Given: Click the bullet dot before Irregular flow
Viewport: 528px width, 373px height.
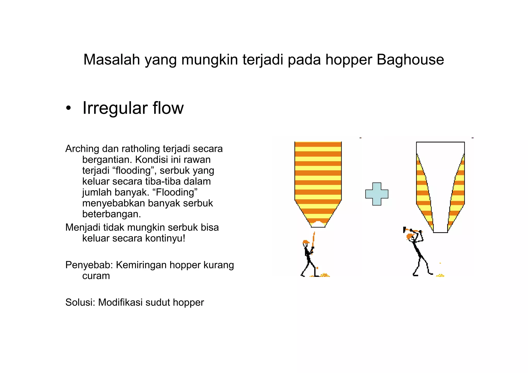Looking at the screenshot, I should pyautogui.click(x=68, y=109).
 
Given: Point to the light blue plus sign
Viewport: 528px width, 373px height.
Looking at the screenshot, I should pyautogui.click(x=377, y=194).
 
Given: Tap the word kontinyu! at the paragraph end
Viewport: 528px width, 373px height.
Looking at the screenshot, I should pyautogui.click(x=165, y=238).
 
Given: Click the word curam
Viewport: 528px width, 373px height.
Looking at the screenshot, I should pyautogui.click(x=96, y=276).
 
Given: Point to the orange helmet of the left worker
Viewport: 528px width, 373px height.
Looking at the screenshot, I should pyautogui.click(x=306, y=242).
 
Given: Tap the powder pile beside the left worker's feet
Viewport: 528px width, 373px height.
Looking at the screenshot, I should pyautogui.click(x=324, y=275).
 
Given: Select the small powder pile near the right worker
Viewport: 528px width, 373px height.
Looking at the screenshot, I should pyautogui.click(x=440, y=275).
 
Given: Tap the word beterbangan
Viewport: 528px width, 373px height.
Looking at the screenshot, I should pyautogui.click(x=111, y=214).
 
